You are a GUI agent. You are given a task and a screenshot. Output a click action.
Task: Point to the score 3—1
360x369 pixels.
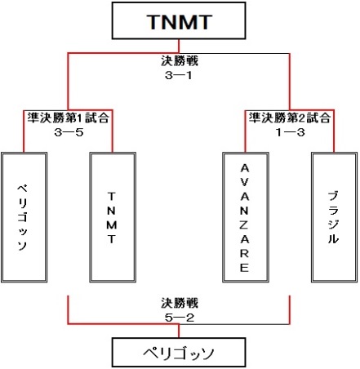tap(179, 75)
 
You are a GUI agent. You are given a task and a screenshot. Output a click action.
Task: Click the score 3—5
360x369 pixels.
tap(69, 132)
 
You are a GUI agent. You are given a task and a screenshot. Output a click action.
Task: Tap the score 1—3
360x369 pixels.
tap(290, 132)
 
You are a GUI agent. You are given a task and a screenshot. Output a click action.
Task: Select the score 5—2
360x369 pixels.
tap(180, 318)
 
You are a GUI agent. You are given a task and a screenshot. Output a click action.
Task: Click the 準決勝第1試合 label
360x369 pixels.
tap(68, 118)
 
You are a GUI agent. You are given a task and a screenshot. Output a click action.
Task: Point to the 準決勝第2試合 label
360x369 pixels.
tap(290, 118)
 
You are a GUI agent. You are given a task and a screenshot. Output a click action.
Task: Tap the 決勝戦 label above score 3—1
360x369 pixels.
tap(180, 60)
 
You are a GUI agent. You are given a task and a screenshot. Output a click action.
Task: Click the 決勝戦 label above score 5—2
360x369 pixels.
tap(180, 303)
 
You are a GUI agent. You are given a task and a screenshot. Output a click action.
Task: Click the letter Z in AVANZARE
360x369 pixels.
tap(244, 225)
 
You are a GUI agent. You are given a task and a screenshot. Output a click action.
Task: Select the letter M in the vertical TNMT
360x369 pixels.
tap(112, 225)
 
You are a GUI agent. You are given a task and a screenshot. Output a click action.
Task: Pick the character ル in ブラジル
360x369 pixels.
tap(333, 238)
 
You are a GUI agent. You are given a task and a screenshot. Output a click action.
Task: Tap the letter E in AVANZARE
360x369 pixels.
tap(244, 268)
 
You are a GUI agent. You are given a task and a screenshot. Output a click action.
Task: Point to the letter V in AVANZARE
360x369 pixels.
tap(244, 182)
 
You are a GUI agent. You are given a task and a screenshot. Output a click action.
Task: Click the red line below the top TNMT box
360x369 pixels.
tap(179, 46)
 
